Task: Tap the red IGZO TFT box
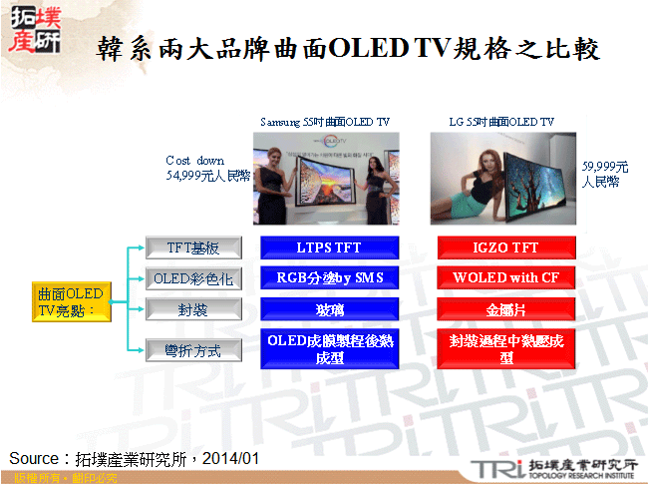click(505, 247)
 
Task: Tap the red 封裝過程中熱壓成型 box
click(505, 348)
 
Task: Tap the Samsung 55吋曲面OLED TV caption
click(325, 122)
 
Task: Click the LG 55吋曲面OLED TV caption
click(501, 122)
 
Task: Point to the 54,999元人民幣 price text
click(207, 175)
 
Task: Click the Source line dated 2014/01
click(134, 458)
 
